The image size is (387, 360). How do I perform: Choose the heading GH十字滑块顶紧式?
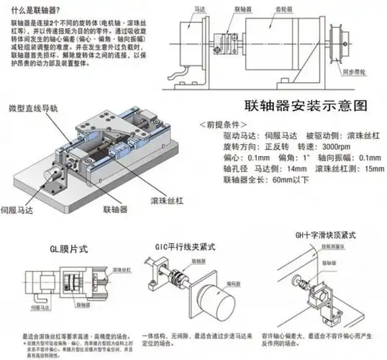point(318,235)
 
